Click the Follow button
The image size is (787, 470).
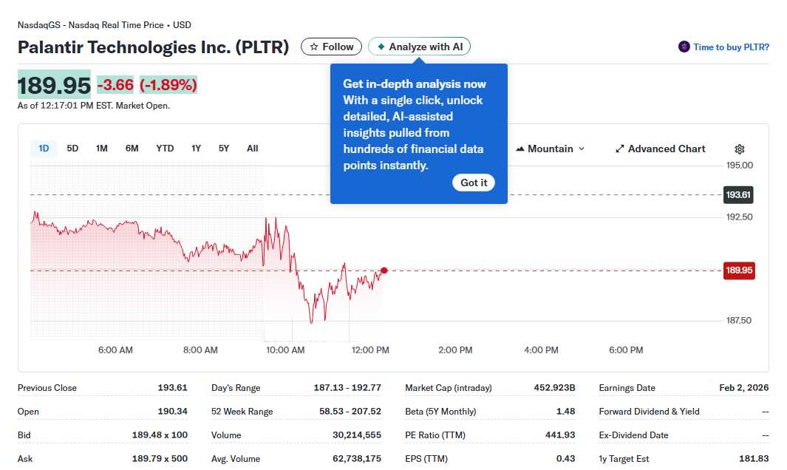(x=331, y=47)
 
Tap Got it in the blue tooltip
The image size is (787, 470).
(x=474, y=183)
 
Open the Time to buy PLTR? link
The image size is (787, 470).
(x=724, y=47)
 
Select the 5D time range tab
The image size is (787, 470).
(x=72, y=149)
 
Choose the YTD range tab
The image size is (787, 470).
(x=165, y=149)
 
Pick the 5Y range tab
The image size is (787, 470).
(x=224, y=149)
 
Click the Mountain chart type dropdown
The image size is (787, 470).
(x=551, y=149)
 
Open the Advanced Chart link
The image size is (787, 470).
(x=661, y=149)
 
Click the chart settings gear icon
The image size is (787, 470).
(x=740, y=149)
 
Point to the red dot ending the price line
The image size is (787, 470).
(x=384, y=270)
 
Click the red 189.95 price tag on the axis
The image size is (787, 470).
(x=739, y=270)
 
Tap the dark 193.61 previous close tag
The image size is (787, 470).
(x=738, y=195)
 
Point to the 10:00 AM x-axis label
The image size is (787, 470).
(x=285, y=350)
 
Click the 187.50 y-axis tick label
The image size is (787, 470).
(x=739, y=321)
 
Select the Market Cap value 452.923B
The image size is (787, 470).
(x=554, y=388)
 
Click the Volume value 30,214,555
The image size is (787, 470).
(x=357, y=435)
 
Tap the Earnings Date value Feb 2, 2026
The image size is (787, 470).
(x=744, y=388)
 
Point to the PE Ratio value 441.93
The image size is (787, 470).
(x=560, y=435)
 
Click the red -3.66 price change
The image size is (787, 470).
(x=115, y=85)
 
